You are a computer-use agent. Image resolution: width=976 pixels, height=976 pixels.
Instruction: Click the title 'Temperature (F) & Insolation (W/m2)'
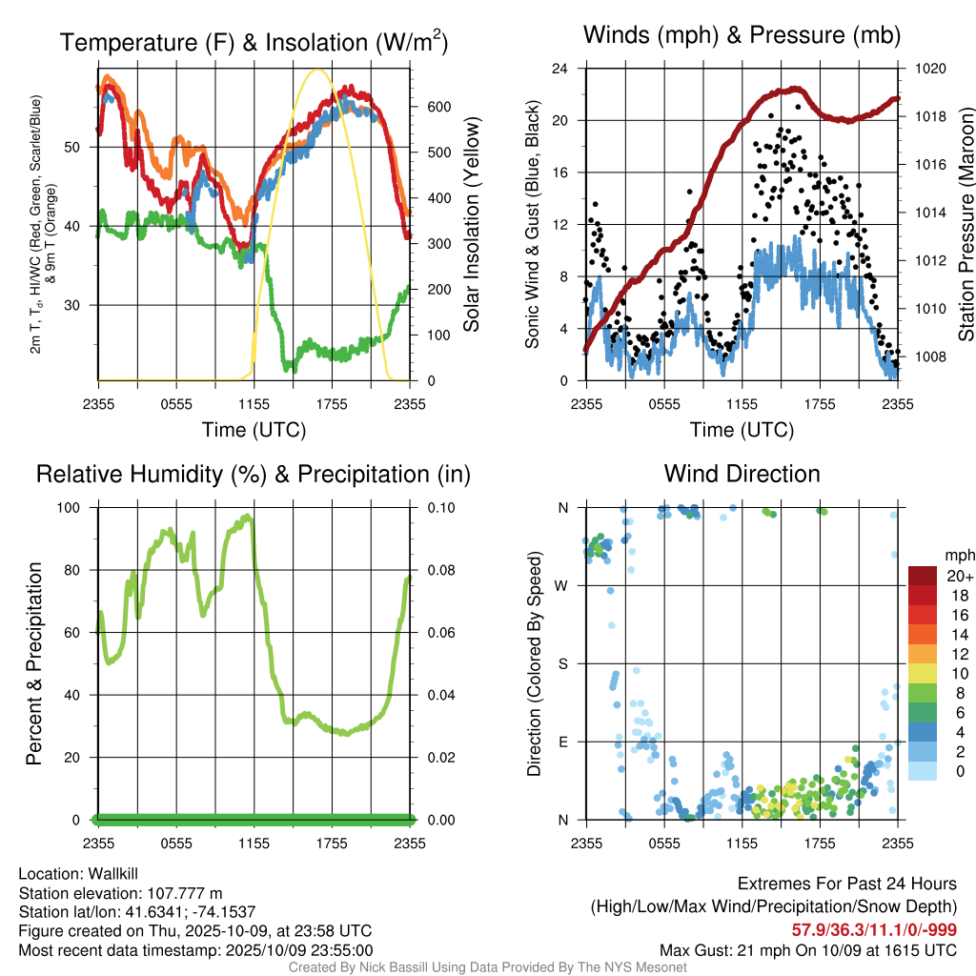point(254,43)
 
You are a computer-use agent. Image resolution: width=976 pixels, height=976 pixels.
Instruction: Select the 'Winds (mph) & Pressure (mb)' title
point(742,35)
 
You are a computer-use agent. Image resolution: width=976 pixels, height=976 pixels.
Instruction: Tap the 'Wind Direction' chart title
point(742,474)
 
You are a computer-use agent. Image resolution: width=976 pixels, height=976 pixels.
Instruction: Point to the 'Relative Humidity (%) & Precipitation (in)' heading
point(253,474)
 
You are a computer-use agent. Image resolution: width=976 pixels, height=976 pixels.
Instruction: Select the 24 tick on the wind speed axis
point(560,69)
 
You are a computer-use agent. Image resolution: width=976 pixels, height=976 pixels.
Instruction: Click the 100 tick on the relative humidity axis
point(81,507)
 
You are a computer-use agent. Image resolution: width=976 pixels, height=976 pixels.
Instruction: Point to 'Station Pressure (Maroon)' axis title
point(966,225)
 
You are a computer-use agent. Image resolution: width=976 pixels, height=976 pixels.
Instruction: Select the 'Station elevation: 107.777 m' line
point(120,893)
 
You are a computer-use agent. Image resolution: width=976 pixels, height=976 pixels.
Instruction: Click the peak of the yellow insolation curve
point(317,70)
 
